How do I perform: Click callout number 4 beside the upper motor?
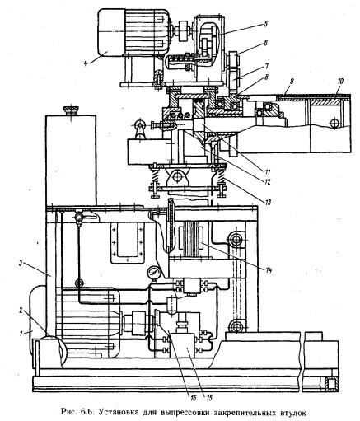pos(86,63)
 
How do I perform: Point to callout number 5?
pos(265,24)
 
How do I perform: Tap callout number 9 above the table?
pos(292,82)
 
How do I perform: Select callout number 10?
pos(340,82)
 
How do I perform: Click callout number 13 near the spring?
pos(268,203)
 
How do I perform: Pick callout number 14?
pos(269,270)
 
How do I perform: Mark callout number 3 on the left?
pos(20,264)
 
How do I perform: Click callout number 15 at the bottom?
pos(209,397)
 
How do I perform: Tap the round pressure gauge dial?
pos(152,273)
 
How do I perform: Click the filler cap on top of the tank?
pos(71,110)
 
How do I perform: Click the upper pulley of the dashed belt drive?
pos(236,240)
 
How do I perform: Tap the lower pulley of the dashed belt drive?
pos(236,327)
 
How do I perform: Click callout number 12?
pos(267,181)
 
